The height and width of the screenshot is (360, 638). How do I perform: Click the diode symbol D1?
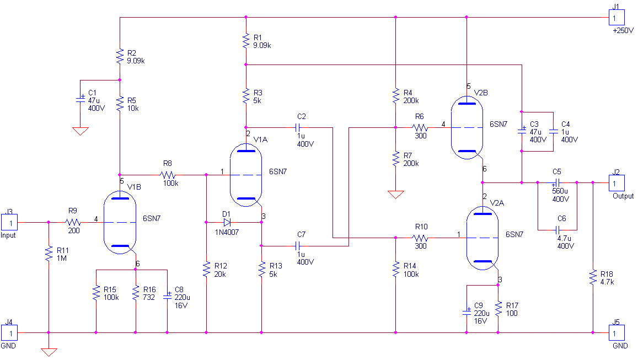227,223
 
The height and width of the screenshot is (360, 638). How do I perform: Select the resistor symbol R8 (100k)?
168,175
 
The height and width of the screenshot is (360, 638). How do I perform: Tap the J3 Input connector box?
9,223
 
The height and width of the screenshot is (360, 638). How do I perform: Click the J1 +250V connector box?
616,18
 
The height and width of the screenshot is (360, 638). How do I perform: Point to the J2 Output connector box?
616,183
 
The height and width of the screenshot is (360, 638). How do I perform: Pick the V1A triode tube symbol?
246,175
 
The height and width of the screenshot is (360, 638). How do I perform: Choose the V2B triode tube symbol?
467,128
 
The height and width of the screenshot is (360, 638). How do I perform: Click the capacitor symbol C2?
299,128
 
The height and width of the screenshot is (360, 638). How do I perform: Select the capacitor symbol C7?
299,246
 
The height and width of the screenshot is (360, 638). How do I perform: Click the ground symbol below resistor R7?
395,195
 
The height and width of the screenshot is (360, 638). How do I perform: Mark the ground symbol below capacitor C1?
80,131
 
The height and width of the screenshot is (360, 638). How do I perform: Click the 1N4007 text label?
227,232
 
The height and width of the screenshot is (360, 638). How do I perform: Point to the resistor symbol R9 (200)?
73,223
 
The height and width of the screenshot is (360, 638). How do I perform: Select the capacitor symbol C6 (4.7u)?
558,230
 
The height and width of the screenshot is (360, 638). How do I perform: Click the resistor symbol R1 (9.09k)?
246,41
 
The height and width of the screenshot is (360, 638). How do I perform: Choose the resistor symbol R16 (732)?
136,293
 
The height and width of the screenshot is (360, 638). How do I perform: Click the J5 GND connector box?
616,333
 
